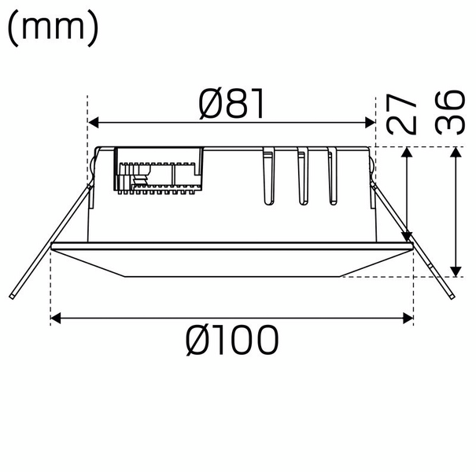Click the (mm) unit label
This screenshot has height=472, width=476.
(53, 28)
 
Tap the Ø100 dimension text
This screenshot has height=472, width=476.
(232, 341)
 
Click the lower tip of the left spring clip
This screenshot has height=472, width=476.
(13, 297)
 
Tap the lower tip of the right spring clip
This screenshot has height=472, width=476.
(451, 297)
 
